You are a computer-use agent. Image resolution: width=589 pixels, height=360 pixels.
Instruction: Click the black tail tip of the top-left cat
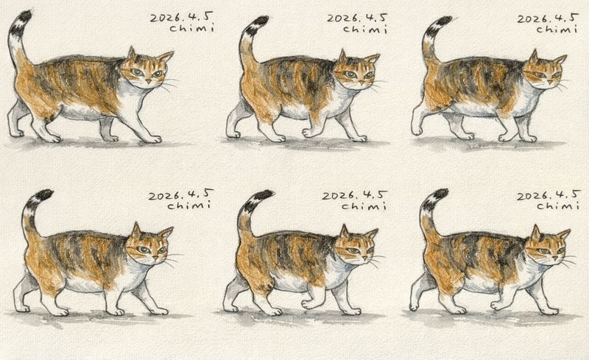(25, 16)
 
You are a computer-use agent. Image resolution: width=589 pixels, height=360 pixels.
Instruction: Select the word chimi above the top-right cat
(557, 29)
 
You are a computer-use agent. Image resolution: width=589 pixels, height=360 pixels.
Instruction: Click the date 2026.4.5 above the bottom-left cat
(180, 194)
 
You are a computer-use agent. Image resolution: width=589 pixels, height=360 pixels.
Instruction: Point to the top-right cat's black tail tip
(443, 21)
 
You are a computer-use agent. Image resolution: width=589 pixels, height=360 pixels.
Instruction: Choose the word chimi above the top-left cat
(191, 27)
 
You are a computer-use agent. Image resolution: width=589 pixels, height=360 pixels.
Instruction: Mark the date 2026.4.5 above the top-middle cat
(356, 18)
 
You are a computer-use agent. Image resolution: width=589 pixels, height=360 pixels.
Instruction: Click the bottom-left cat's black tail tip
(44, 194)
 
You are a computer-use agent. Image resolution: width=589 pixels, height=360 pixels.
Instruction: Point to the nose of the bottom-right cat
(554, 258)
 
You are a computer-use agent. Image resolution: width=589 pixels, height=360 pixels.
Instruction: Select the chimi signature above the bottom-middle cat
(364, 205)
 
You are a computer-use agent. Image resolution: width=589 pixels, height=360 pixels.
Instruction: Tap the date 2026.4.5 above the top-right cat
(548, 18)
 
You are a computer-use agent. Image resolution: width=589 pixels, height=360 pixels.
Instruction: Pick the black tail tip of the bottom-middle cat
(264, 195)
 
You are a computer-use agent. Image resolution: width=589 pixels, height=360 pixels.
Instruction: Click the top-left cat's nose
(149, 81)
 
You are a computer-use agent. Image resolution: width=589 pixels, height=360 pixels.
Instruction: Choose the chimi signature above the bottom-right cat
(557, 205)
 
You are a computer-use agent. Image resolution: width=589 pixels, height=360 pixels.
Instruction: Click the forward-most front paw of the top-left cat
(153, 139)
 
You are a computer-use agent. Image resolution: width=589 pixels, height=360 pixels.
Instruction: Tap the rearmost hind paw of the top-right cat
(417, 131)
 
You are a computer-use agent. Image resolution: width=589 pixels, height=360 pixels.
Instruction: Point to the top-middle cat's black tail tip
(261, 21)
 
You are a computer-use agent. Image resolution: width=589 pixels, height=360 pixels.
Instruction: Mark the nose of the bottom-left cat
(155, 258)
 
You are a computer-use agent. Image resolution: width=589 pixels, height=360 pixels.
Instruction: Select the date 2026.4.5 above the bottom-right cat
(549, 195)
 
